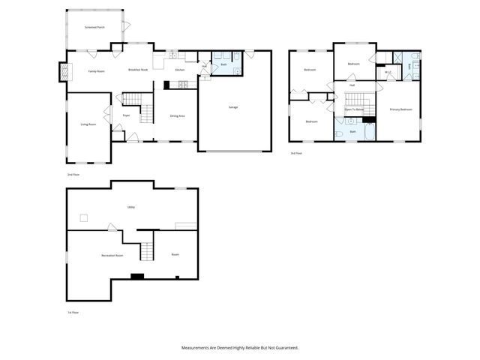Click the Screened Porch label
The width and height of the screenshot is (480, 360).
pos(94,26)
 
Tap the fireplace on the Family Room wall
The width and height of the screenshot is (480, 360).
pos(63,71)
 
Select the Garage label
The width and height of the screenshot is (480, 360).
pos(233,107)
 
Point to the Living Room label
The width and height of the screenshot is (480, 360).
pos(88,124)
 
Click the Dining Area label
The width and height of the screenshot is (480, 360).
pos(177,115)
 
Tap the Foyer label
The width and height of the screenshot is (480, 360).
pos(127,115)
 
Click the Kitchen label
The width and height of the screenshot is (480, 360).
pos(180,70)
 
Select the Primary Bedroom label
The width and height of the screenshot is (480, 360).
pos(400,109)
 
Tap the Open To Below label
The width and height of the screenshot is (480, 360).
pos(354,109)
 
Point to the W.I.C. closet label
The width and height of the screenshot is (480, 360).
pos(388,72)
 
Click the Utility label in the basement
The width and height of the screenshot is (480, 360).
pos(130,207)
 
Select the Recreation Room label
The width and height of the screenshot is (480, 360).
pos(112,256)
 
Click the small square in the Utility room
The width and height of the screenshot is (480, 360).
pos(85,218)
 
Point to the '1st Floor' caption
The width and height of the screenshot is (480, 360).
pos(73,312)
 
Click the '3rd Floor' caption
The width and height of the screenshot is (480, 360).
pos(296,153)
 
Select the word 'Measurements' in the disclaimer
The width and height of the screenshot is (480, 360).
pos(196,348)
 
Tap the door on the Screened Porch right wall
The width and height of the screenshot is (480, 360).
pos(127,28)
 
